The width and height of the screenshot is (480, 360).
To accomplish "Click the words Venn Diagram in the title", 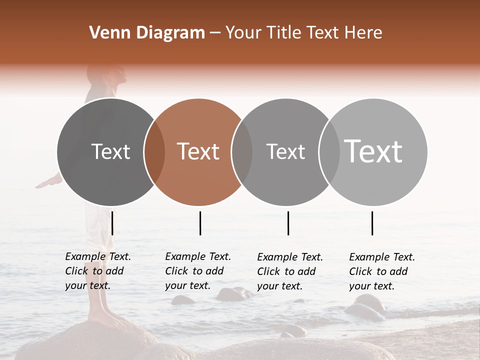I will coord(147,33).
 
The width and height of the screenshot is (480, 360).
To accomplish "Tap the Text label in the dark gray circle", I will coord(110,151).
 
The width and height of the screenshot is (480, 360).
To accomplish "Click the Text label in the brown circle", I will coord(198,151).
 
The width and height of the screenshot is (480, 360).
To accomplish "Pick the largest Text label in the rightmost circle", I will coord(373,151).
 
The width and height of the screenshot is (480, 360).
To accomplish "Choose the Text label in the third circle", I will coord(285,151).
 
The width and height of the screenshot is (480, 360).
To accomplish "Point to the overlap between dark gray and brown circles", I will coord(154,152).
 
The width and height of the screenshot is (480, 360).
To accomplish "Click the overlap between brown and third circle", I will coord(242,152).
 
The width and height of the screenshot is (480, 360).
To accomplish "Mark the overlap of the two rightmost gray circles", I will coord(329,152).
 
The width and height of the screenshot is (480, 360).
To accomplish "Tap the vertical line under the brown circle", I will coord(200,223).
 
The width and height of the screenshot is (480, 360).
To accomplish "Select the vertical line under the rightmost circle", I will coord(372,223).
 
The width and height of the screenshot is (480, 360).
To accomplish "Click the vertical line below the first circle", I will coord(112,223).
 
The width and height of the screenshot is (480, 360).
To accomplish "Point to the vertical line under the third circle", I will coord(288,223).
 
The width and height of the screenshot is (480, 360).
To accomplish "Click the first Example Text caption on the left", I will coord(97,271).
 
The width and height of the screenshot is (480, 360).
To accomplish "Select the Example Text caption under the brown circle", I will coord(197,271).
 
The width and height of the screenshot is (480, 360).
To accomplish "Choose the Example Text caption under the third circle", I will coord(289,271).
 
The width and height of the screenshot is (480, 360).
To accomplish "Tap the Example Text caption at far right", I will coord(381,271).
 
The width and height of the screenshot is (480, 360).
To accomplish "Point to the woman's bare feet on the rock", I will coord(102,316).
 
